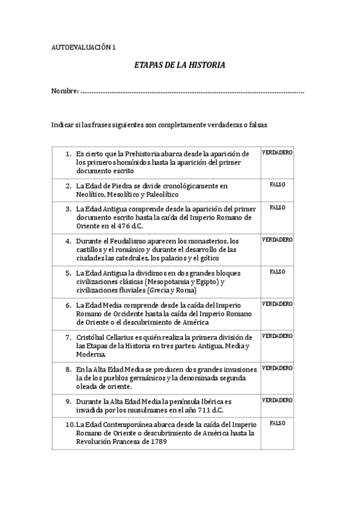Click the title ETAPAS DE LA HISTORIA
tap(180, 64)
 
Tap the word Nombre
tap(64, 91)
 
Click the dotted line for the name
tap(192, 92)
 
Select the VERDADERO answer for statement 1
tap(277, 153)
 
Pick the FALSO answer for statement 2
tap(277, 184)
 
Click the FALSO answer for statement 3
tap(277, 207)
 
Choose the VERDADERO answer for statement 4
tap(277, 239)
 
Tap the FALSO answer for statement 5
tap(277, 271)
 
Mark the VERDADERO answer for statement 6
tap(277, 304)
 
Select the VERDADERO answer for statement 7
tap(277, 336)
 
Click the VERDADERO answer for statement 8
tap(277, 367)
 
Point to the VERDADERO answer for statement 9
tap(277, 399)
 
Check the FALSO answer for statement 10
tap(277, 423)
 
